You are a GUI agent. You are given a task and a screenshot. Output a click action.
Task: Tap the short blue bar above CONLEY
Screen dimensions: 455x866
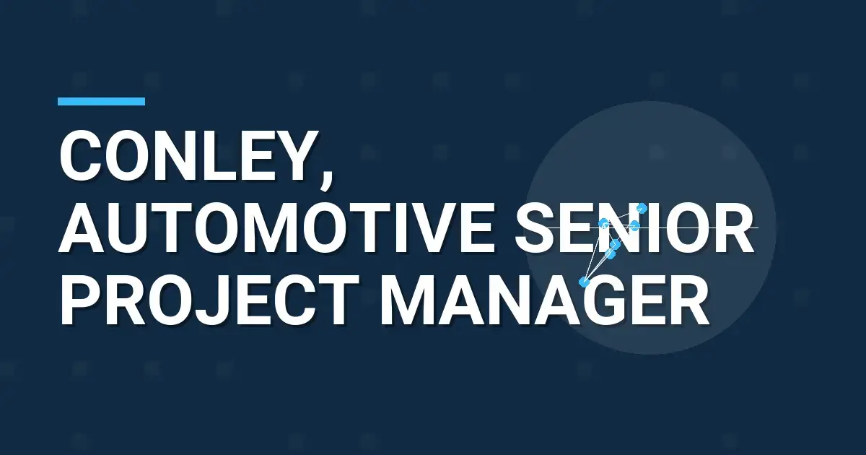click(x=101, y=102)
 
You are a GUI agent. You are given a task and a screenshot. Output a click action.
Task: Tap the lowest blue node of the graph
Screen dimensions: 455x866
click(x=585, y=282)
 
